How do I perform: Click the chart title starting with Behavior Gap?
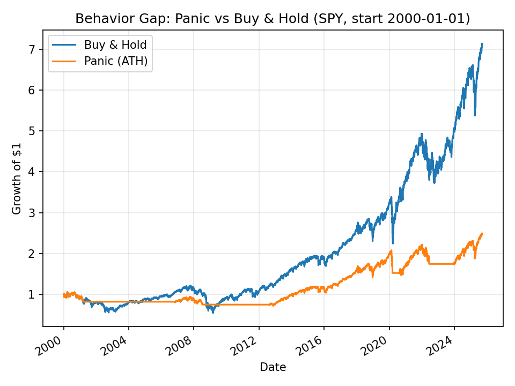(x=273, y=19)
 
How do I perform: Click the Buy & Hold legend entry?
(x=115, y=45)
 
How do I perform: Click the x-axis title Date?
(x=273, y=367)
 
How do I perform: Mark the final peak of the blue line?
(x=482, y=43)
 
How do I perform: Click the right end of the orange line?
(x=482, y=233)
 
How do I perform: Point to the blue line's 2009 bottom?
(x=213, y=312)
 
